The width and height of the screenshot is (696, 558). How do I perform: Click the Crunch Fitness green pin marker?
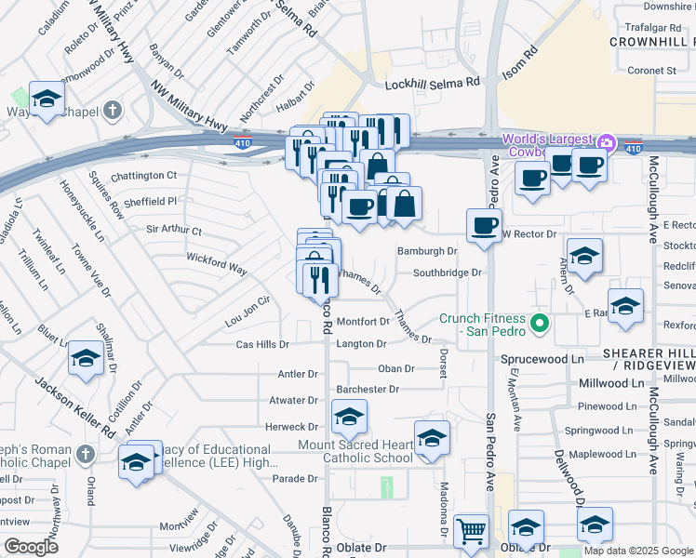point(539,325)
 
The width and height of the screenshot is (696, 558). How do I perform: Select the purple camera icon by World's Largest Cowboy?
point(607,142)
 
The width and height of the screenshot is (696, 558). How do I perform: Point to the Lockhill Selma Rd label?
point(433,83)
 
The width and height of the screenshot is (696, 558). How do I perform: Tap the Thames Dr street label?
point(358,280)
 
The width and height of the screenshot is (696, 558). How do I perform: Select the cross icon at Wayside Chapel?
point(112,112)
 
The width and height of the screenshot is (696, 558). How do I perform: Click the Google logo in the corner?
point(31,547)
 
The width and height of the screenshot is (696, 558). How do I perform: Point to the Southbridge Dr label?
point(448,273)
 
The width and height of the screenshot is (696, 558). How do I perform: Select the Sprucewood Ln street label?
point(542,358)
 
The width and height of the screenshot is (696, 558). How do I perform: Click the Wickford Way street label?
point(216,263)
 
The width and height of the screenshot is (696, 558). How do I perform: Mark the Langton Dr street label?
point(361,344)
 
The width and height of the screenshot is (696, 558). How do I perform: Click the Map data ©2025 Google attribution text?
point(638,551)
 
